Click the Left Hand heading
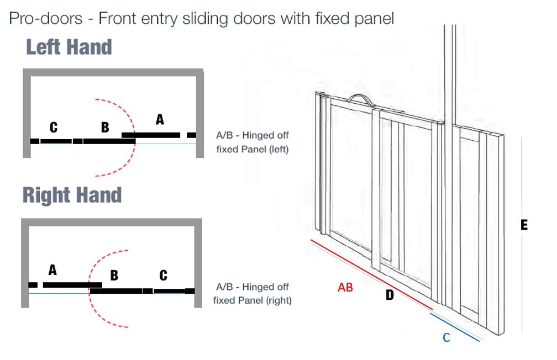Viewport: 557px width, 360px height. [x=69, y=47]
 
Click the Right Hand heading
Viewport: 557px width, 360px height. [x=72, y=195]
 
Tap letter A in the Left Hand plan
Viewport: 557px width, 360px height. [x=160, y=119]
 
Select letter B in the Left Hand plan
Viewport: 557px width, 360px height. [x=105, y=128]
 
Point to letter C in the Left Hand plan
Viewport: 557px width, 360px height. [x=53, y=128]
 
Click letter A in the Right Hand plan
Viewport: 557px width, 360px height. [x=52, y=270]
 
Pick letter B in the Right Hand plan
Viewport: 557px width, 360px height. [x=114, y=275]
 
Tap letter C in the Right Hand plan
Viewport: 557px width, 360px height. [x=163, y=275]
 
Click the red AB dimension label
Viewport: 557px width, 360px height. [x=345, y=288]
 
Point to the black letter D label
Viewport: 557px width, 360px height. [x=390, y=295]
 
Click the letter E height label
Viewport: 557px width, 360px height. [x=524, y=225]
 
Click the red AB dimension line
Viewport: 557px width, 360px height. [x=370, y=274]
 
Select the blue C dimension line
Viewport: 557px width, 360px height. [x=454, y=327]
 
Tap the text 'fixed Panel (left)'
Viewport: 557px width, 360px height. [x=253, y=149]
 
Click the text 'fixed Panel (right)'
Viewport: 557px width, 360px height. [x=253, y=301]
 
